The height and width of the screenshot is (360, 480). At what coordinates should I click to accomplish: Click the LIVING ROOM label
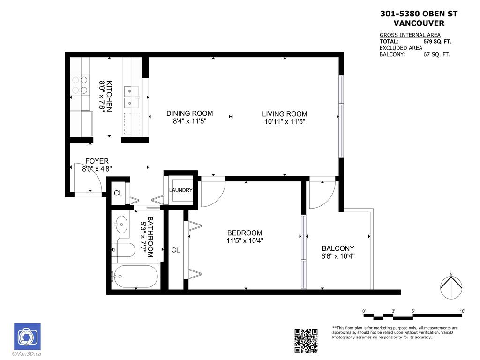(285, 114)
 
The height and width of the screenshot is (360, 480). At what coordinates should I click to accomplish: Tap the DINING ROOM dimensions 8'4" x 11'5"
(189, 121)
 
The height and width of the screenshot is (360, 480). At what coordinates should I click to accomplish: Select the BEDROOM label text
(244, 233)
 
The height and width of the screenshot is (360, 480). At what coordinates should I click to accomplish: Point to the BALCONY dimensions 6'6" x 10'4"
(337, 256)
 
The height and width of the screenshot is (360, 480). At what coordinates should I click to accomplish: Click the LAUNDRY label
(180, 190)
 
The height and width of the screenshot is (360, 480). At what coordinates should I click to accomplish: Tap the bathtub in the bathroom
(135, 277)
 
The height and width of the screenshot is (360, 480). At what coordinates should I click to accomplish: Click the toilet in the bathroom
(123, 249)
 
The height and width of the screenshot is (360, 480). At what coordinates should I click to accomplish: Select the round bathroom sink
(121, 225)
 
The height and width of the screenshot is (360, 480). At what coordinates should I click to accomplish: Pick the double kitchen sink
(131, 96)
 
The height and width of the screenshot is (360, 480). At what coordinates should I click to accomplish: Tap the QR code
(306, 341)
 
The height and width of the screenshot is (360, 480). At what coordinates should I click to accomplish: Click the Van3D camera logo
(27, 337)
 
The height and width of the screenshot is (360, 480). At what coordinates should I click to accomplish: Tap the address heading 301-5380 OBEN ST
(418, 14)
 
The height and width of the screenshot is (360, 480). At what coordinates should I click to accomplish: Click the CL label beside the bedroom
(175, 250)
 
